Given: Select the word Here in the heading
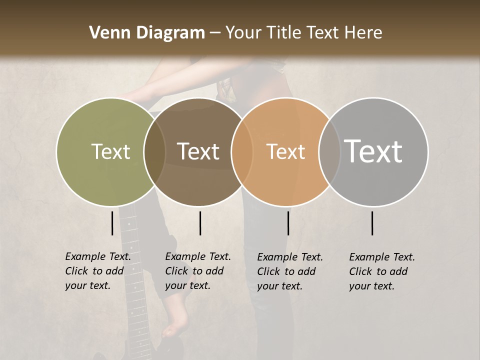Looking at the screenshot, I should [x=363, y=33].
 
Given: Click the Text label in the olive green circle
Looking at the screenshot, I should [x=111, y=151].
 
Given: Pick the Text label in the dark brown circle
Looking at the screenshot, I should [x=198, y=151].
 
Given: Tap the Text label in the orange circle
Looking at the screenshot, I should [x=286, y=151].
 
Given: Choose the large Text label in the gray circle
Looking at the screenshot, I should [x=373, y=151].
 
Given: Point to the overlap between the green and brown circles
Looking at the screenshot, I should [x=154, y=151].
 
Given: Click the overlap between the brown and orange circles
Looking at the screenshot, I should [x=242, y=151].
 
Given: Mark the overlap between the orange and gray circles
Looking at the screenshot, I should [x=329, y=151].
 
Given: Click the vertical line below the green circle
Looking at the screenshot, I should [x=112, y=223].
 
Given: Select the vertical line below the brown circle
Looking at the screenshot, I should [x=200, y=223].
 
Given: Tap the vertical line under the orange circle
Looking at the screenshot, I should [x=288, y=223].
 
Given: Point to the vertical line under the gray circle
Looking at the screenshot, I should [x=372, y=223].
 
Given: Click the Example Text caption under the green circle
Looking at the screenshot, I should [x=98, y=271].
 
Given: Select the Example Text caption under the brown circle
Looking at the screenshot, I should [x=198, y=271].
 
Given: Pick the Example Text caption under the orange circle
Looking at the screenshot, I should [x=290, y=271].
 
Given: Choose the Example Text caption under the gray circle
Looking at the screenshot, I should [x=382, y=271].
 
